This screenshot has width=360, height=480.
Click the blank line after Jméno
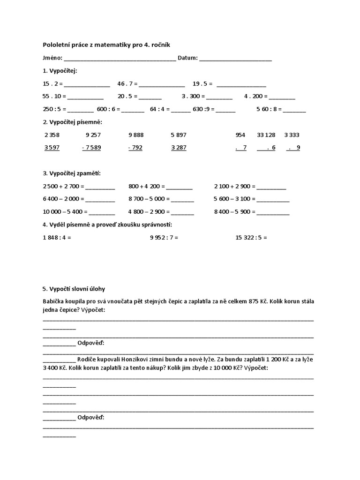click(120, 60)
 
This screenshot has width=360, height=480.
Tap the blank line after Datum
click(235, 60)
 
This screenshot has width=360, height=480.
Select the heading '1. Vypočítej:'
click(60, 70)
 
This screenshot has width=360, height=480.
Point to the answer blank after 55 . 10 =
click(86, 97)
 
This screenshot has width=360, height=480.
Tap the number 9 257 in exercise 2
click(93, 135)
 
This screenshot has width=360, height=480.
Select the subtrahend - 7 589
click(91, 148)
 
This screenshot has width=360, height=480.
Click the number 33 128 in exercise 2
click(266, 135)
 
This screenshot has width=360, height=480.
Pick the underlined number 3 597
click(52, 148)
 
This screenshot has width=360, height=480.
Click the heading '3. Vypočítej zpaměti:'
click(72, 173)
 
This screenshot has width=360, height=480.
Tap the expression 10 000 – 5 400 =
click(65, 211)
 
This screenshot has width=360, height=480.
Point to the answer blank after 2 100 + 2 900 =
click(271, 187)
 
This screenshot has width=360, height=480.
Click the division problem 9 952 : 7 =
click(164, 238)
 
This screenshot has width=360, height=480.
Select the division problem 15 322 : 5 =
click(251, 238)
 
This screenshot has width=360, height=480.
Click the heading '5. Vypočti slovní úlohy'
click(77, 288)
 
